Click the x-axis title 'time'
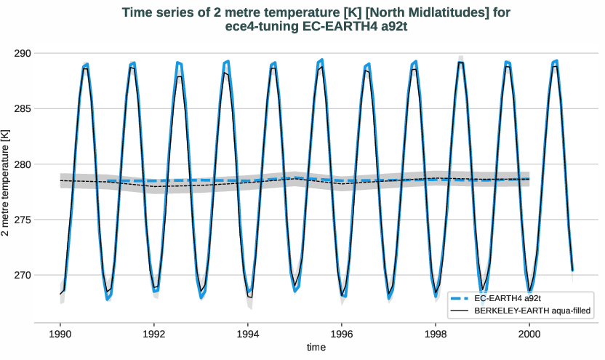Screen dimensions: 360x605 pyautogui.click(x=316, y=348)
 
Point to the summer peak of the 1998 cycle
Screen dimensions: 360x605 pyautogui.click(x=460, y=63)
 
